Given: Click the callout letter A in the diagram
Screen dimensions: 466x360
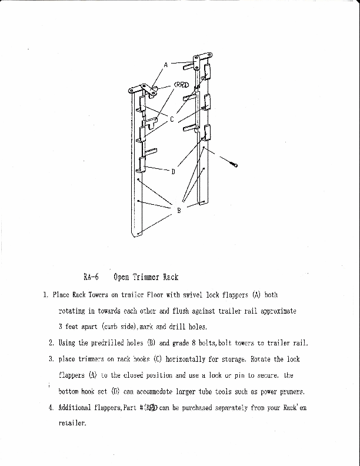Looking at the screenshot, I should tap(166, 64).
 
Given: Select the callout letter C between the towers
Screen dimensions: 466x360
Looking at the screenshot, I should tap(172, 119).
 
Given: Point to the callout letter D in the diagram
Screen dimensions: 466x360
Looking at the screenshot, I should tap(173, 172).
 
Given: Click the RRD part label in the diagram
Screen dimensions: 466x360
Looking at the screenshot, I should tap(181, 85).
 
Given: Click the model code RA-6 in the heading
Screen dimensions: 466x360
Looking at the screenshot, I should tap(91, 277).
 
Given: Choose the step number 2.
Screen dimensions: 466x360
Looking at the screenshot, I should tap(52, 342).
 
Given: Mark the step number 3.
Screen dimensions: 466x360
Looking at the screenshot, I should tap(52, 358).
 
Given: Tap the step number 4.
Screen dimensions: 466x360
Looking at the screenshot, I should tap(52, 407).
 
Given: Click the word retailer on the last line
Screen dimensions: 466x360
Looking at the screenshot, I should tap(72, 422).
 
